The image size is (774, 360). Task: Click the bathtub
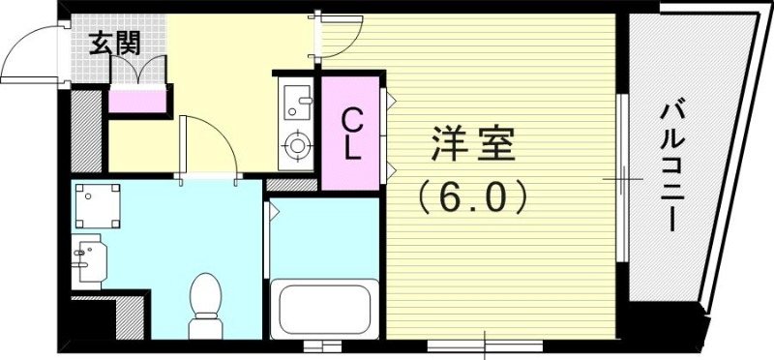click(322, 312)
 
